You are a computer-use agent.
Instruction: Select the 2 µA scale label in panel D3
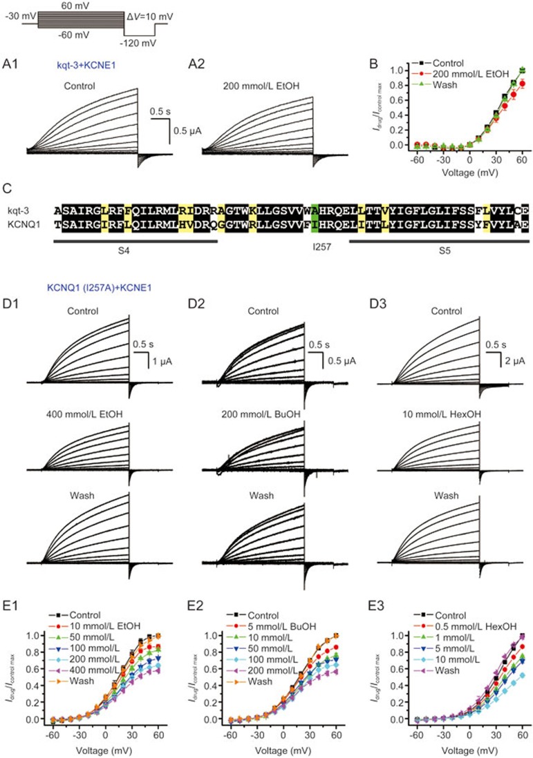coord(514,360)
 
